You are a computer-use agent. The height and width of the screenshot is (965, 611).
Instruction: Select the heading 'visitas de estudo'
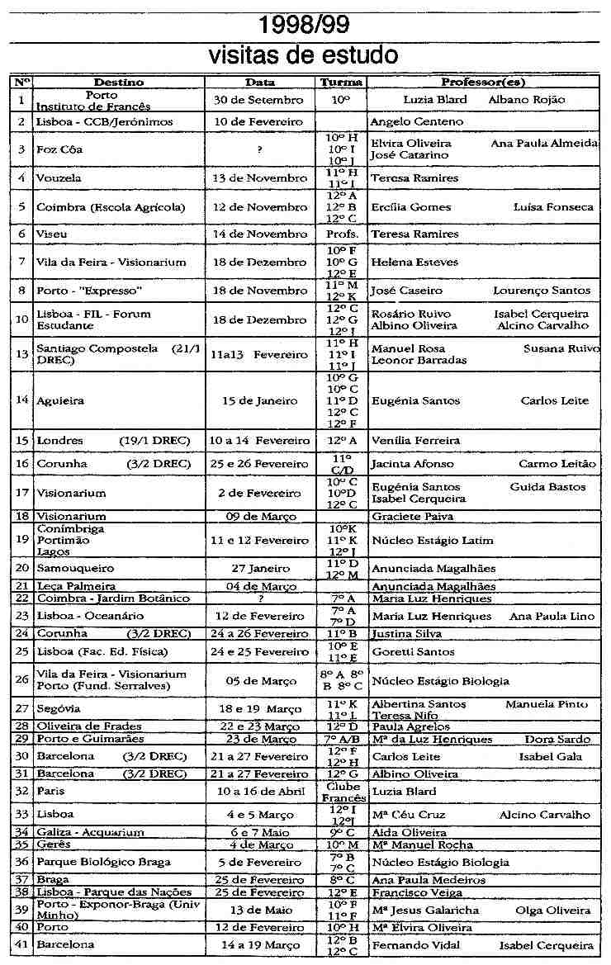click(303, 55)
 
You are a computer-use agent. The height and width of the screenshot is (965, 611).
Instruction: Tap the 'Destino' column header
click(118, 83)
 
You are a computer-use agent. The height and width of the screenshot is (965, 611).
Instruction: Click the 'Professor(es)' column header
click(483, 83)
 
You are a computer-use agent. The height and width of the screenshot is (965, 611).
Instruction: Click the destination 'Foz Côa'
click(59, 149)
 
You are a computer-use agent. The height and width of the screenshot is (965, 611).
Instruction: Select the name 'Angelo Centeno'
click(417, 122)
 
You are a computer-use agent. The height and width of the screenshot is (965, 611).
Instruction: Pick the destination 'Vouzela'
click(59, 178)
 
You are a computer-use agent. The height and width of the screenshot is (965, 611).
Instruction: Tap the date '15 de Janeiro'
click(259, 401)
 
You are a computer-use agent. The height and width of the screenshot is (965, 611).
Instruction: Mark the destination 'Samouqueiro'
click(75, 568)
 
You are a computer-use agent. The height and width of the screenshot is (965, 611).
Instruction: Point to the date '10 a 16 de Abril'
click(260, 792)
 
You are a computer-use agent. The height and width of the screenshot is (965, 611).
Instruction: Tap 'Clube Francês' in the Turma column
click(342, 792)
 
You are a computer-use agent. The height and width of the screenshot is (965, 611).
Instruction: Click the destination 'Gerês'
click(54, 844)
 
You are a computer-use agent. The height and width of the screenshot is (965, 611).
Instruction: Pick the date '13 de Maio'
click(259, 911)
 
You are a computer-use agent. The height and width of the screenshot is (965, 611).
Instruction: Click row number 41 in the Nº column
click(21, 944)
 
